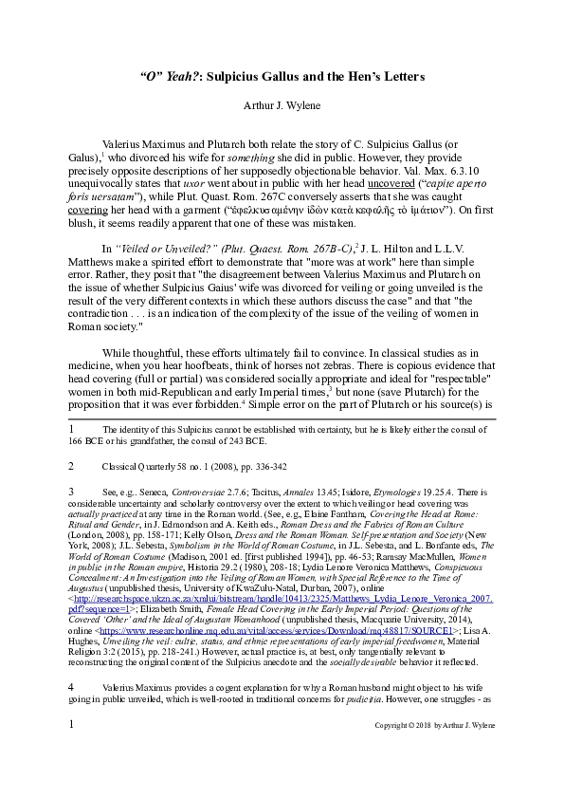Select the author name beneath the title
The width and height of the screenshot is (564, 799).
coord(282,103)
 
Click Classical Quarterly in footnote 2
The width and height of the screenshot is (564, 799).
coord(137,467)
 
